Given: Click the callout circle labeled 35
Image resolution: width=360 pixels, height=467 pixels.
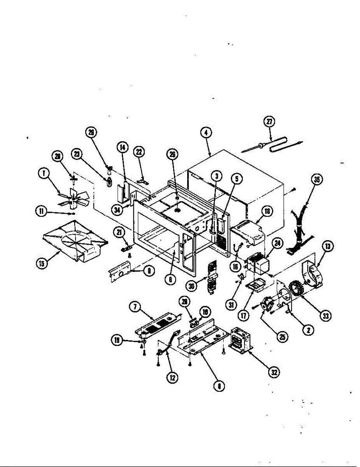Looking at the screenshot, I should point(317,180).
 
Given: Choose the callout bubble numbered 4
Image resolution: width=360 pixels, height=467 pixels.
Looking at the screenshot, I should point(206,132).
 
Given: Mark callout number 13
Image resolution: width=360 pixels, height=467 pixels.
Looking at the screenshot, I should point(328,246).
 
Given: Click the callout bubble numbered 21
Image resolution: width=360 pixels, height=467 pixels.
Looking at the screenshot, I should point(118,232).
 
